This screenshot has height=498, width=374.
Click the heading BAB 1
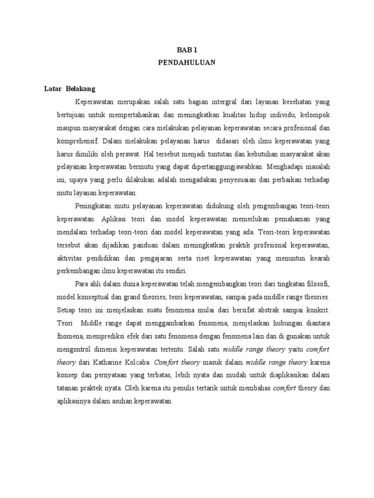point(187,50)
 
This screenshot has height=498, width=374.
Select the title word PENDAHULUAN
point(187,63)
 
